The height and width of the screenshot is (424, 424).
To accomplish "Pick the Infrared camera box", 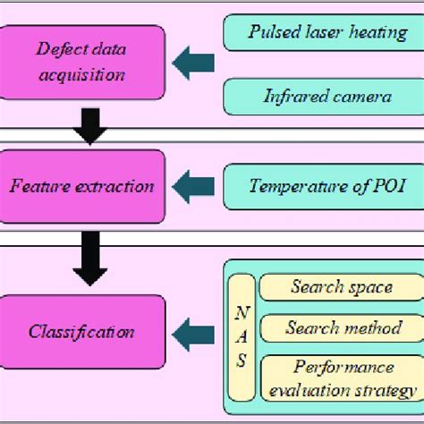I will [x=320, y=95].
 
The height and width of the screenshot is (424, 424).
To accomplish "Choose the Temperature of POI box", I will [x=320, y=186].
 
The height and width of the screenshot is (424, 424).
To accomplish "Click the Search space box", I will [x=341, y=287].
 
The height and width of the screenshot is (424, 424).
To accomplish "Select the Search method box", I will [x=341, y=328].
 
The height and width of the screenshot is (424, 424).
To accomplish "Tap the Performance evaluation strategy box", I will [x=341, y=377].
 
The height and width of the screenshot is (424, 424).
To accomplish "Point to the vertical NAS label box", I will [x=242, y=338].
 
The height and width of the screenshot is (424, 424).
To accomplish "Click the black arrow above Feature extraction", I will [x=90, y=127].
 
